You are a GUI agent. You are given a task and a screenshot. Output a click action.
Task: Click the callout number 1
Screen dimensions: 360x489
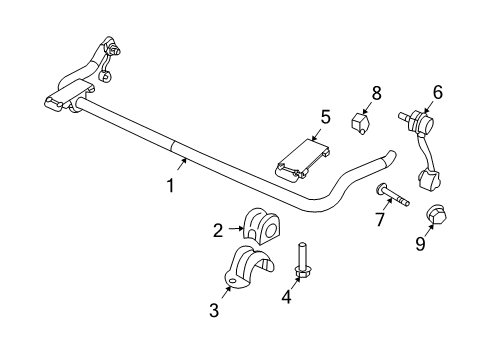pyautogui.click(x=171, y=185)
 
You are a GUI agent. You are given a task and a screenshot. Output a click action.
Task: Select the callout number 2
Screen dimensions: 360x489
pyautogui.click(x=217, y=231)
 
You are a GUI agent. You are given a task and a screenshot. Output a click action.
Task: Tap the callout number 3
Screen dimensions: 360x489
pyautogui.click(x=213, y=311)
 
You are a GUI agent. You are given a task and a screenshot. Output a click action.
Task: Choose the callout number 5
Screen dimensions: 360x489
pyautogui.click(x=325, y=118)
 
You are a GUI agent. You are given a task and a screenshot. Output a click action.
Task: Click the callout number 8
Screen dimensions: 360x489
pyautogui.click(x=376, y=92)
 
